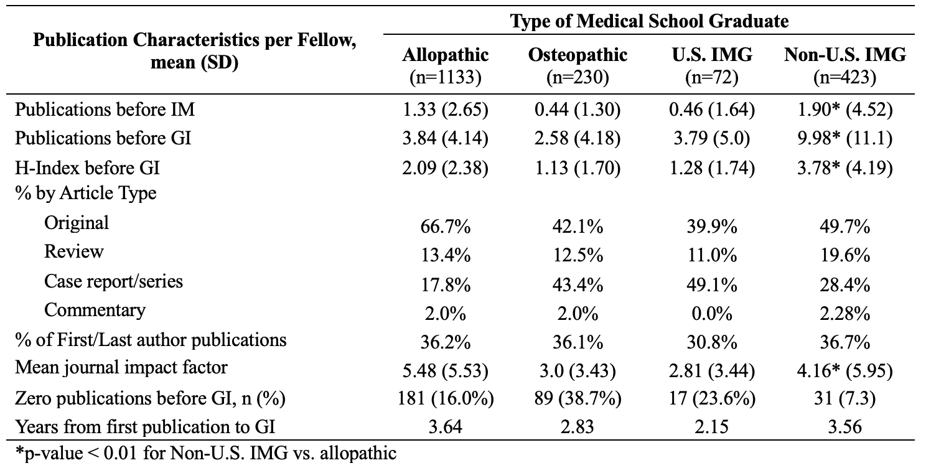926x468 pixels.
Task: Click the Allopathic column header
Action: coord(445,66)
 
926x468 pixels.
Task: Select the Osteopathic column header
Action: coord(578,66)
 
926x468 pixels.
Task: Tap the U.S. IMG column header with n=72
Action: coord(712,66)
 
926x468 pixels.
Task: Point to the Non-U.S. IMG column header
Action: coord(844,66)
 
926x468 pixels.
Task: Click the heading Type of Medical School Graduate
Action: coord(650,21)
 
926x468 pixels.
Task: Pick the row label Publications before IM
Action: coord(105,110)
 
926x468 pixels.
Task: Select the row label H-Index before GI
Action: coord(87,168)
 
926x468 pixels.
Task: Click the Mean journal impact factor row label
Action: coord(121,367)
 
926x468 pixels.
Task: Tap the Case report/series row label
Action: coord(113,281)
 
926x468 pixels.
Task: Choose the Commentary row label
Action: coord(95,310)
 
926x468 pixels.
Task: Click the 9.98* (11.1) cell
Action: coord(844,139)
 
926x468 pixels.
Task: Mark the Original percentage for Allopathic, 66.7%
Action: coord(445,227)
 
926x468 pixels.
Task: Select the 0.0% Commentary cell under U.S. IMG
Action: coord(712,314)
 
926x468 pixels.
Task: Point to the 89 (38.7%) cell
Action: coord(578,398)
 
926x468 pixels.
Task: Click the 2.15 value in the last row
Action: coord(712,427)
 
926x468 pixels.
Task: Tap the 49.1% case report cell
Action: coord(712,285)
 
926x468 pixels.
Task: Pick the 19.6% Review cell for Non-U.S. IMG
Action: coord(844,256)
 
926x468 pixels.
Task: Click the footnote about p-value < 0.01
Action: coord(206,454)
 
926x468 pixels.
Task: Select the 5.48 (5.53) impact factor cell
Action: coord(445,371)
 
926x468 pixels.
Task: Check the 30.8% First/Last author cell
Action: coord(712,342)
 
